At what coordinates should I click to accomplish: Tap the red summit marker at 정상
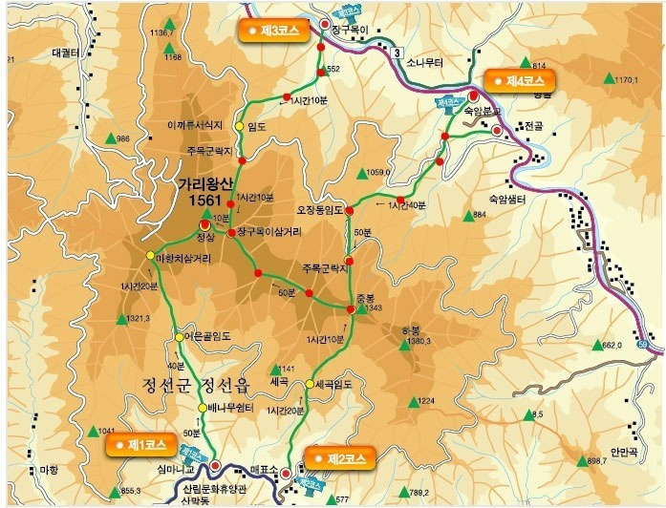[x=204, y=224]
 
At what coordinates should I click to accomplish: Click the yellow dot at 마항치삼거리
[x=150, y=255]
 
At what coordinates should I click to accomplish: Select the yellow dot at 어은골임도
[x=179, y=336]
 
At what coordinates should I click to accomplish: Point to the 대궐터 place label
[x=38, y=54]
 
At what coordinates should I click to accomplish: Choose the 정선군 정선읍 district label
[x=200, y=386]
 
